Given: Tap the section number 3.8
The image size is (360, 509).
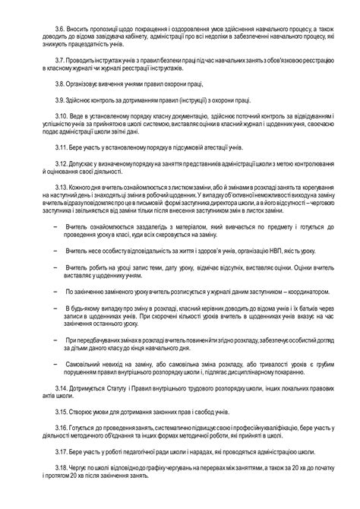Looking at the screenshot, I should (x=52, y=86).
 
